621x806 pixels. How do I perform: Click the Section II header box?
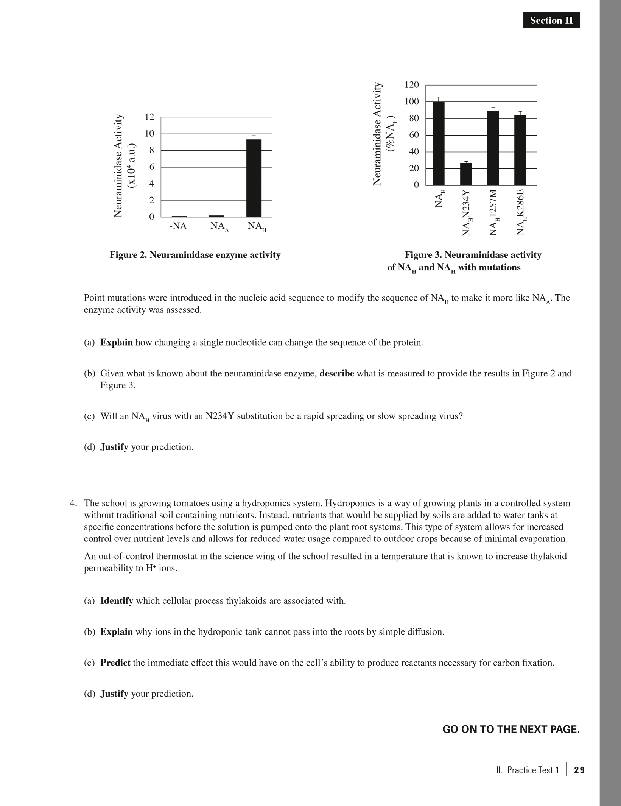tap(551, 20)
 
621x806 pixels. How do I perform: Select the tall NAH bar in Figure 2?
tap(254, 178)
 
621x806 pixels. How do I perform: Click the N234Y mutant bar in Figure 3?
tap(466, 174)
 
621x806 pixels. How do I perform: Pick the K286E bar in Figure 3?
tap(520, 150)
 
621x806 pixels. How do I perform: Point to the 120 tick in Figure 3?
tap(412, 85)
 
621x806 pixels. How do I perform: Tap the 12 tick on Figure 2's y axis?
tap(150, 117)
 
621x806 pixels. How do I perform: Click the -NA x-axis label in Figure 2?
tap(178, 226)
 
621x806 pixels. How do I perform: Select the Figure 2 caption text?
tap(195, 255)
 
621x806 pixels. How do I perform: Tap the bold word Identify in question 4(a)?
tap(117, 601)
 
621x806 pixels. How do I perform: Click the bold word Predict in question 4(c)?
tap(115, 663)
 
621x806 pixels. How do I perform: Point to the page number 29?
tap(579, 770)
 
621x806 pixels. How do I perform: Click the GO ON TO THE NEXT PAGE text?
tap(511, 729)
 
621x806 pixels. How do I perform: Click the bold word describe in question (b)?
tap(336, 373)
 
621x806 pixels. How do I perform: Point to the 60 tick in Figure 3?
tap(414, 135)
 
